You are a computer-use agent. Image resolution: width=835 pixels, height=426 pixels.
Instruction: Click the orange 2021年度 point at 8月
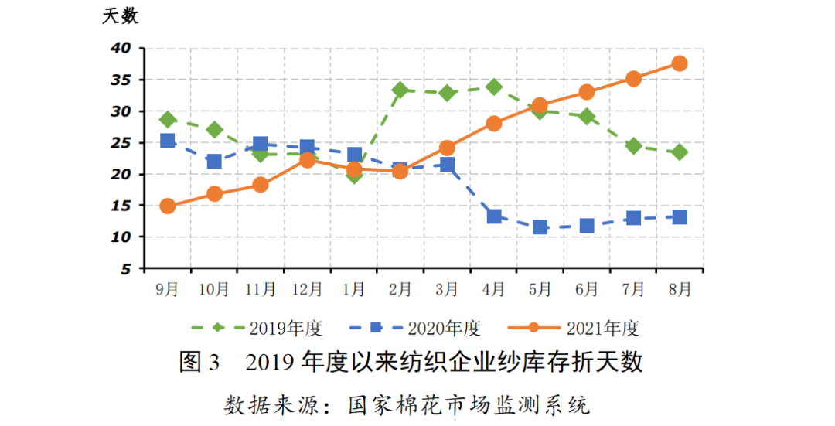(680, 63)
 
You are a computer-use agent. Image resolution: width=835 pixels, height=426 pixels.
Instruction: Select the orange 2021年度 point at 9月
(168, 206)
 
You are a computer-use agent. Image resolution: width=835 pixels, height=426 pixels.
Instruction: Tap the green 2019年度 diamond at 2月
(400, 90)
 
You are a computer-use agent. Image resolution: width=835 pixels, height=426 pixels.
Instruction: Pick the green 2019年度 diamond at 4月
(494, 87)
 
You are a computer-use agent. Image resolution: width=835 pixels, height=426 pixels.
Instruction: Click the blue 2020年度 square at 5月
(540, 227)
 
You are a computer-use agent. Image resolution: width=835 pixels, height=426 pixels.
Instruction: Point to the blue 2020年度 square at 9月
(168, 141)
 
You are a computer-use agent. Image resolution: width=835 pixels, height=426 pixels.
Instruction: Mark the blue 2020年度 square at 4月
(494, 216)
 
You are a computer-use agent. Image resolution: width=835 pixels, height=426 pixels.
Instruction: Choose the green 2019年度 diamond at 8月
(680, 152)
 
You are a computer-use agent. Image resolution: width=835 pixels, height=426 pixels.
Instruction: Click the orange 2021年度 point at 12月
(307, 160)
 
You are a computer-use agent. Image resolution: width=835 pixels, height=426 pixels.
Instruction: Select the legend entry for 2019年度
(256, 328)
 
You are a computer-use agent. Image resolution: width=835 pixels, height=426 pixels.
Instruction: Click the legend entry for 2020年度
(414, 328)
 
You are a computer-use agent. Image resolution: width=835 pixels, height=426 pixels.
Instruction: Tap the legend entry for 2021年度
(573, 328)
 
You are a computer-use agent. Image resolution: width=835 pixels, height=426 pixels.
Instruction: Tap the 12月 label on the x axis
(307, 290)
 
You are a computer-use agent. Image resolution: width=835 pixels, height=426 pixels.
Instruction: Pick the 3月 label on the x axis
(447, 290)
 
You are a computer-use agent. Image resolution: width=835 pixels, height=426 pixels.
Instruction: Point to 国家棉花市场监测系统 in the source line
(469, 404)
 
